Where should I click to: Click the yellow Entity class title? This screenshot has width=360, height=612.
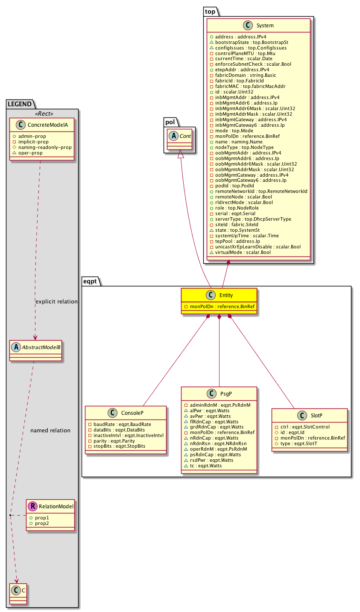pyautogui.click(x=226, y=295)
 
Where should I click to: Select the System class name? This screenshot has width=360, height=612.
pyautogui.click(x=265, y=26)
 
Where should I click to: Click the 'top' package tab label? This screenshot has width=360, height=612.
pyautogui.click(x=210, y=12)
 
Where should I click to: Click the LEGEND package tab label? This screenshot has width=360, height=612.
pyautogui.click(x=20, y=104)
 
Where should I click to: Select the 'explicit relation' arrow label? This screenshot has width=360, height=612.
pyautogui.click(x=56, y=301)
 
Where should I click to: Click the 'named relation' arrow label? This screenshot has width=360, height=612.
pyautogui.click(x=50, y=430)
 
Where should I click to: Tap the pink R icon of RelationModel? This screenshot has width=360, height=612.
pyautogui.click(x=32, y=507)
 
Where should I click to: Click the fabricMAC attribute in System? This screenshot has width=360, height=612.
pyautogui.click(x=243, y=86)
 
